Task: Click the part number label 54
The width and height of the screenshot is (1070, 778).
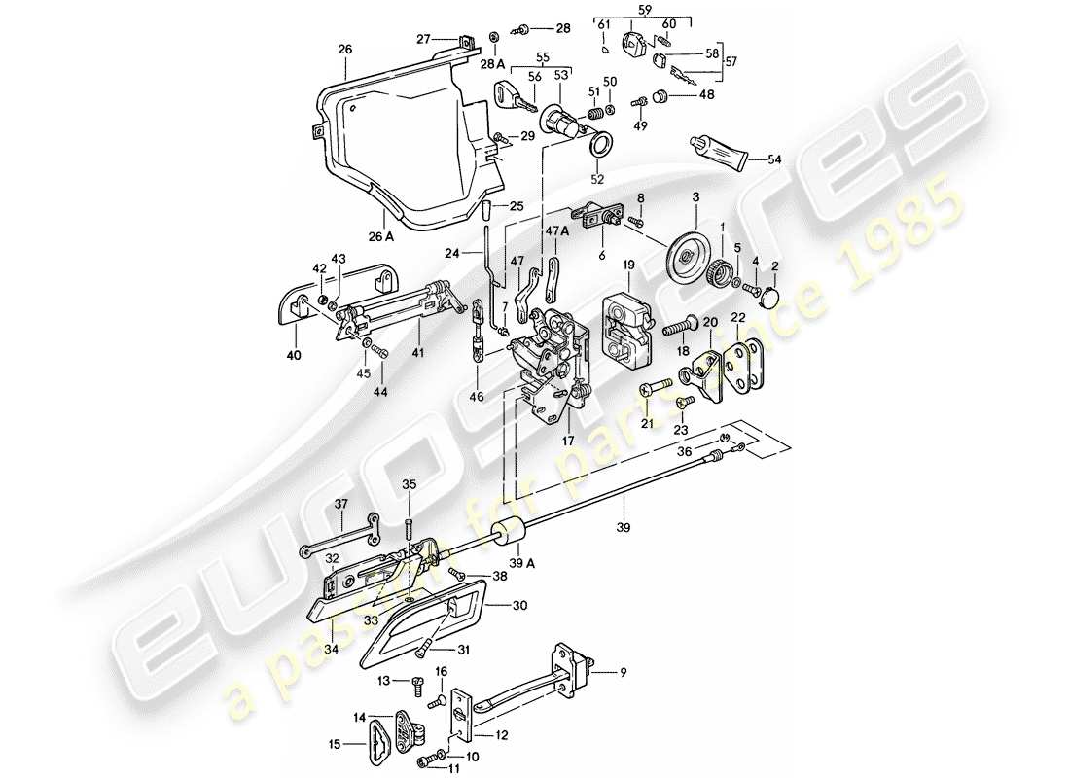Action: (774, 159)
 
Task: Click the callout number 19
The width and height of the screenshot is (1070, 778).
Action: (629, 264)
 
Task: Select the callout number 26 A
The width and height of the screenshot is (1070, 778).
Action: (381, 235)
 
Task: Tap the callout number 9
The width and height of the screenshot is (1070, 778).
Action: (623, 670)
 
